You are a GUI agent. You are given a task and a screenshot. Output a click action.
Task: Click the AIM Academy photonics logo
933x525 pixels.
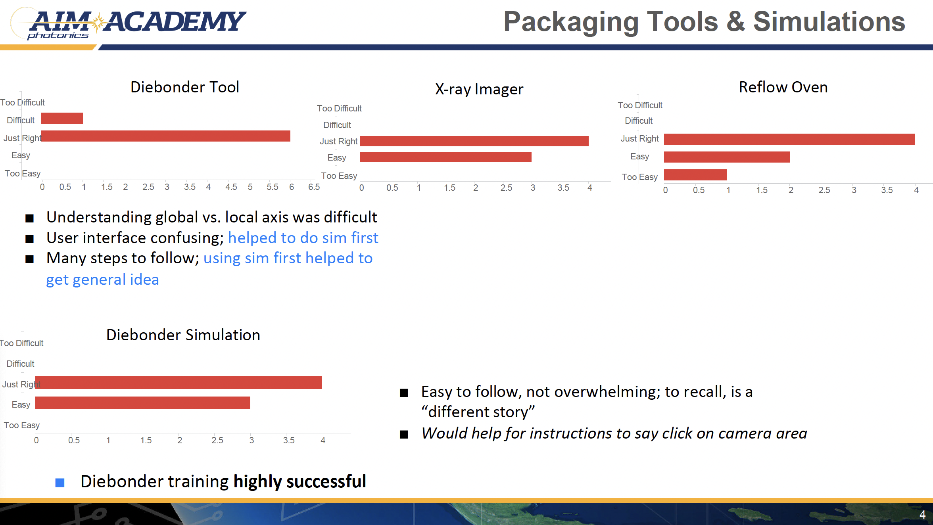(x=128, y=24)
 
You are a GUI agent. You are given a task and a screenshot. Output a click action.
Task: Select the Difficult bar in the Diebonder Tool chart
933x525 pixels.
(x=62, y=118)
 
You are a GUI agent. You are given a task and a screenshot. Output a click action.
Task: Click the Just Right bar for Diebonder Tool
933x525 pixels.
(x=165, y=136)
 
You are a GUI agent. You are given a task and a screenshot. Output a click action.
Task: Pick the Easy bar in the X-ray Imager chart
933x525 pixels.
(x=446, y=157)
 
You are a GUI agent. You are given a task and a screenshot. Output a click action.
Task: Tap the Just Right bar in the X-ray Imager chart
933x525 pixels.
(x=474, y=141)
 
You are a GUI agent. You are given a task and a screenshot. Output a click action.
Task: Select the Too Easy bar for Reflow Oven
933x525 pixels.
(x=695, y=175)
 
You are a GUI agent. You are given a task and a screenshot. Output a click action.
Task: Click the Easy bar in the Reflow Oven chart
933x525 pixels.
(x=727, y=157)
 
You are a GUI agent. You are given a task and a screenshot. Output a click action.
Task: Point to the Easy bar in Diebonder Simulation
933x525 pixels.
(x=143, y=403)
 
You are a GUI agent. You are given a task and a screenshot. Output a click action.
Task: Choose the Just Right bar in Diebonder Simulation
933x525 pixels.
(x=179, y=383)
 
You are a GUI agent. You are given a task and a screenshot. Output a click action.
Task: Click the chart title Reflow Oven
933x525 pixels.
(x=783, y=87)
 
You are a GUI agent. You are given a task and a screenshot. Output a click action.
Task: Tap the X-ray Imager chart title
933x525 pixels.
(x=479, y=89)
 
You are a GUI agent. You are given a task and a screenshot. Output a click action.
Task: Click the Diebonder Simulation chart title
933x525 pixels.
(x=183, y=335)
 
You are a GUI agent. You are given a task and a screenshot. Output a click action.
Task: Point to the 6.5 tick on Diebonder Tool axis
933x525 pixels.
(x=314, y=187)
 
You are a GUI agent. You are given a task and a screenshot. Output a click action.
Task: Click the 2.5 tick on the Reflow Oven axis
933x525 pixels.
(x=824, y=190)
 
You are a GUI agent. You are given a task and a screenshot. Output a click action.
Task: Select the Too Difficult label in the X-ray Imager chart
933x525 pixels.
(x=339, y=108)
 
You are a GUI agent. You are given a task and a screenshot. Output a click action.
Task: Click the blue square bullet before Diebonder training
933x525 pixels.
(x=60, y=483)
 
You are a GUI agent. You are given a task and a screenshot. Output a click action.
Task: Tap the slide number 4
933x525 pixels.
(x=922, y=515)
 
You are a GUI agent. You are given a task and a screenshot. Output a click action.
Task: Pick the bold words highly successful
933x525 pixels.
(x=299, y=481)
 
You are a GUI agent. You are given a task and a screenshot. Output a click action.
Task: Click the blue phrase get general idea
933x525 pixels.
(x=102, y=280)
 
